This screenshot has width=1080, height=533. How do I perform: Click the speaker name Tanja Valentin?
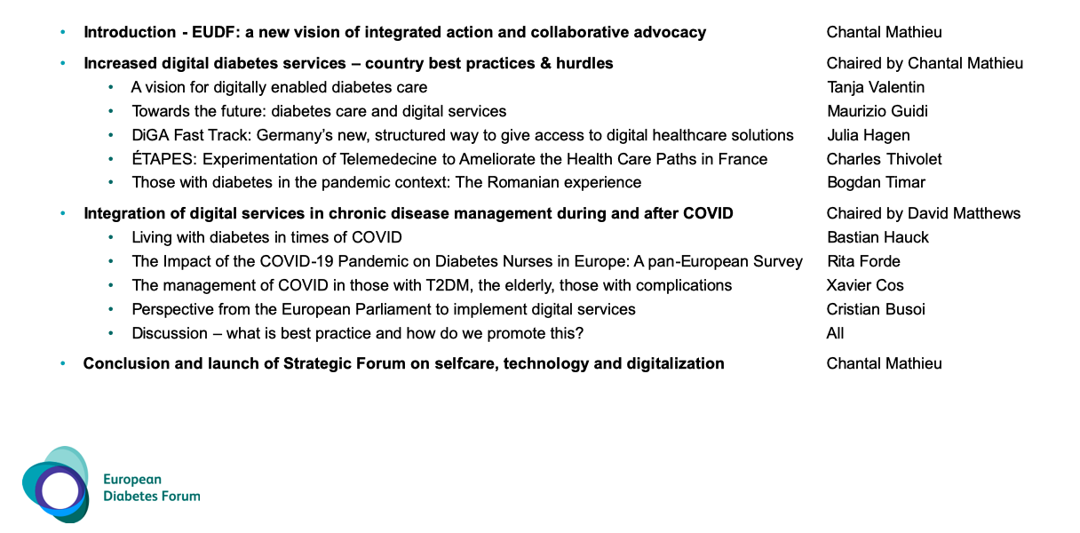pyautogui.click(x=875, y=87)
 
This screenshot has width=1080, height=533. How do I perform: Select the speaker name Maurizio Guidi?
pyautogui.click(x=877, y=111)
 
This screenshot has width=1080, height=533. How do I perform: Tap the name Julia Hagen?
pyautogui.click(x=868, y=135)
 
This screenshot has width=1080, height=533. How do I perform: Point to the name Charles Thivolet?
pyautogui.click(x=884, y=159)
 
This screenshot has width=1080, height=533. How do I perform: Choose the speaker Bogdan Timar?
pyautogui.click(x=876, y=183)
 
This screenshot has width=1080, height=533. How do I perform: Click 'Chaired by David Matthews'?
pyautogui.click(x=923, y=213)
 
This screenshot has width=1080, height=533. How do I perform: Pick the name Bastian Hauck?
pyautogui.click(x=877, y=237)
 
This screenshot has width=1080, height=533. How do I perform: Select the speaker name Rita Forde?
pyautogui.click(x=863, y=261)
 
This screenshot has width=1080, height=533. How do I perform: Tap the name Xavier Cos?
pyautogui.click(x=865, y=285)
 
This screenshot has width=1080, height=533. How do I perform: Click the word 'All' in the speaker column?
pyautogui.click(x=835, y=333)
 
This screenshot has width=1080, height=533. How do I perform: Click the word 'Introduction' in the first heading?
pyautogui.click(x=130, y=33)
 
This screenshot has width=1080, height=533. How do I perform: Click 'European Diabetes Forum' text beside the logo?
pyautogui.click(x=151, y=488)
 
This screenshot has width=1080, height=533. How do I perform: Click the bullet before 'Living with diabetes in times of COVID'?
pyautogui.click(x=111, y=237)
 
